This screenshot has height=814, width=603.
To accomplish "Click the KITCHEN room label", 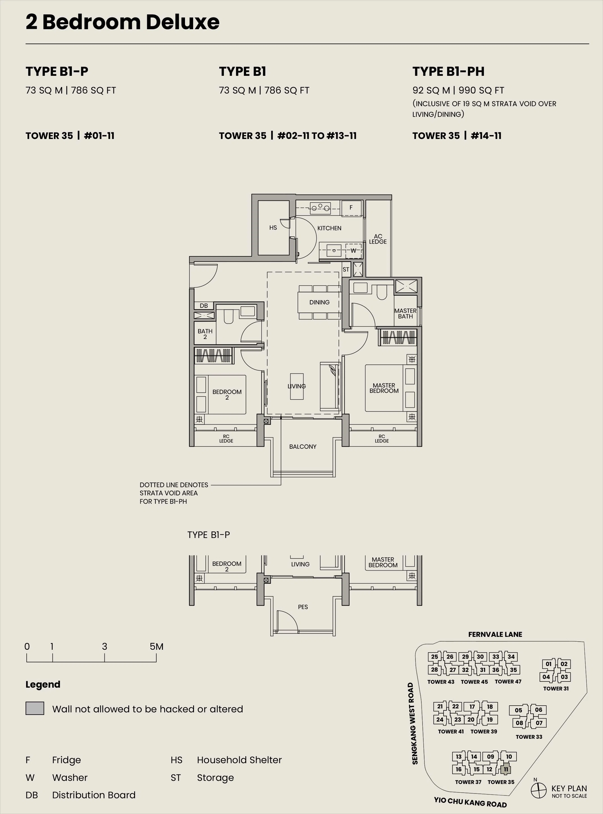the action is [329, 228].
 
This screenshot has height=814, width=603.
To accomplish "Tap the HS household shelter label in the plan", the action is [273, 228].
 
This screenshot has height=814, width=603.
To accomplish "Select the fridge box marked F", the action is [351, 208].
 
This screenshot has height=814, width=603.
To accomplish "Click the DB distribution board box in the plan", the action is [204, 306].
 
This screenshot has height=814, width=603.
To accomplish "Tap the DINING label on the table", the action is [319, 302].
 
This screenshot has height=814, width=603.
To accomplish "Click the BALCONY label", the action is [303, 446].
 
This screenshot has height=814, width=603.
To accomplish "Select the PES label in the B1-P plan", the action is [303, 607].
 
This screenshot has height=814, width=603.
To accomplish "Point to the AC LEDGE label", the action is [378, 239].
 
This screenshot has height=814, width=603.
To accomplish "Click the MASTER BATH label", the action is [405, 314].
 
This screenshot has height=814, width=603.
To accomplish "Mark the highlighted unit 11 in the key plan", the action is [506, 769].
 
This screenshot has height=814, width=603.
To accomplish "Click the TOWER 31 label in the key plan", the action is [556, 688].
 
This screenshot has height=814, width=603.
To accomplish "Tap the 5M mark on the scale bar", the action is [157, 646].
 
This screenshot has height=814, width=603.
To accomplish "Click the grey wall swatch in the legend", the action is [35, 708].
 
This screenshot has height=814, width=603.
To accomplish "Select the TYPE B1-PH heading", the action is [448, 71].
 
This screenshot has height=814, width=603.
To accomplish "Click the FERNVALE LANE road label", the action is [495, 634].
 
